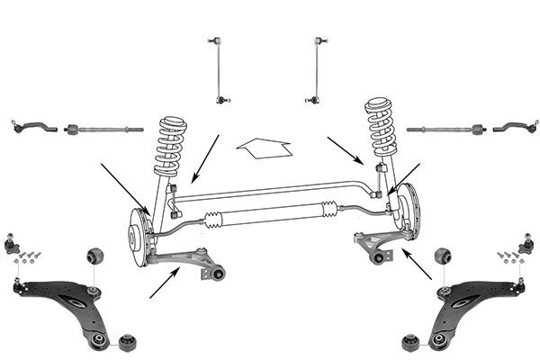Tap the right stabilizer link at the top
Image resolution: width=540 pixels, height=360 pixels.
(x=318, y=69)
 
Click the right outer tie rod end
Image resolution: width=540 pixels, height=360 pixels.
(x=512, y=127)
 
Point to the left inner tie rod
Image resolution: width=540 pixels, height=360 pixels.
(x=103, y=130)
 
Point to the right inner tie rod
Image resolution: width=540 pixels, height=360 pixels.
(x=441, y=130)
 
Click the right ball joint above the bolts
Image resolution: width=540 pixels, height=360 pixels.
(x=526, y=243)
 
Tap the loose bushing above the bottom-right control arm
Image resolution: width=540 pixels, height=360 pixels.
(x=443, y=256)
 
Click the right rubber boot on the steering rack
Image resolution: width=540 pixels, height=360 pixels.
(x=329, y=211)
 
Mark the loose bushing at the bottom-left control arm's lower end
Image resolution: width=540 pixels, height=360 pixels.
(x=127, y=343)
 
